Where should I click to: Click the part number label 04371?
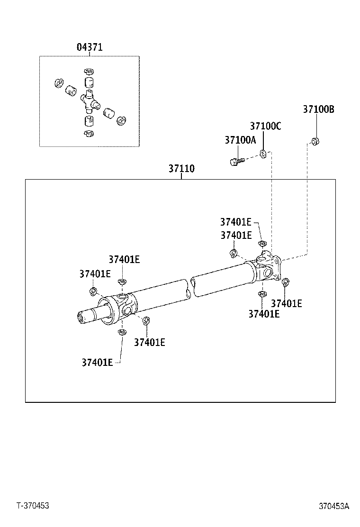(x=90, y=47)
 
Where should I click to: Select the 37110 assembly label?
(x=181, y=169)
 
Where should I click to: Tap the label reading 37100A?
(x=240, y=140)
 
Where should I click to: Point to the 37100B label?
(x=318, y=109)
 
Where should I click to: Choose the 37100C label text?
(x=265, y=126)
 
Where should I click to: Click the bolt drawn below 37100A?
(x=235, y=161)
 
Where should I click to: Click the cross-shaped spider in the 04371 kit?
(x=89, y=99)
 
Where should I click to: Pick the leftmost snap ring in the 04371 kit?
(x=58, y=83)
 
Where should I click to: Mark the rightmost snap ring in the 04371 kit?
(x=121, y=121)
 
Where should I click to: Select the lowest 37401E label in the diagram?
(x=97, y=362)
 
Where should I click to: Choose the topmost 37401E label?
(x=235, y=222)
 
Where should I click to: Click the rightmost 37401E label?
(x=286, y=304)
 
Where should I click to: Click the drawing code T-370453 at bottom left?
(x=33, y=506)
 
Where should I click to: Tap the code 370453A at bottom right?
(x=333, y=506)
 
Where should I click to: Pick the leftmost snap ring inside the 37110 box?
(x=93, y=291)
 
